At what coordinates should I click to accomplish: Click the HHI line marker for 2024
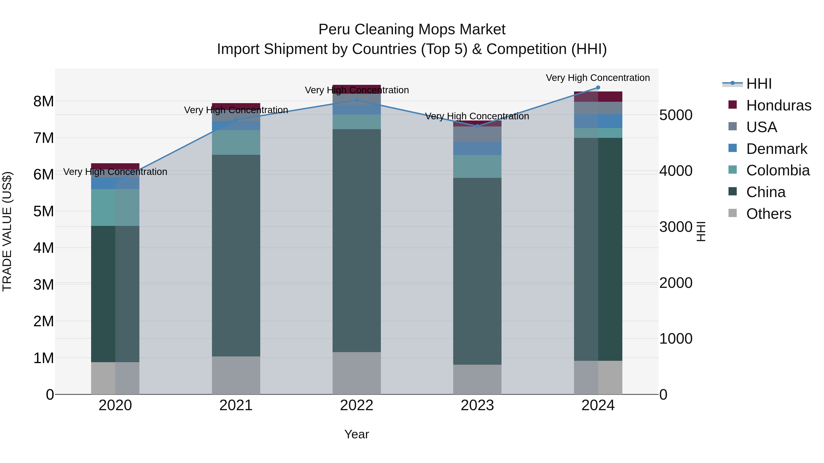598,88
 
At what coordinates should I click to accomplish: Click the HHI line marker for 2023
477,126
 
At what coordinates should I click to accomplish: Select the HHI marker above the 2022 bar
357,100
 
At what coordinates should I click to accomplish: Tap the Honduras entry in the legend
779,105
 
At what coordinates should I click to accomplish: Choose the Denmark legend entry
777,149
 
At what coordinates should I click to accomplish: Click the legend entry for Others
768,214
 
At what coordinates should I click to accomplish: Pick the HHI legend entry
759,84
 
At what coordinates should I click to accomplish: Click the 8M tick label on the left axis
43,101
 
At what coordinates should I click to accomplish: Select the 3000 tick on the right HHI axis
676,227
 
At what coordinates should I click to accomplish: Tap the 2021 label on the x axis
236,405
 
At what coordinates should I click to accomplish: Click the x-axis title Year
356,434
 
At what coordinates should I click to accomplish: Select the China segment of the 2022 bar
357,240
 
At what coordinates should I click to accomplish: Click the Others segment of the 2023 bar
477,379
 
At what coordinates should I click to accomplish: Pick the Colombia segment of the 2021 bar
236,142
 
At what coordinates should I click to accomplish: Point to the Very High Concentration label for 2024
598,78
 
